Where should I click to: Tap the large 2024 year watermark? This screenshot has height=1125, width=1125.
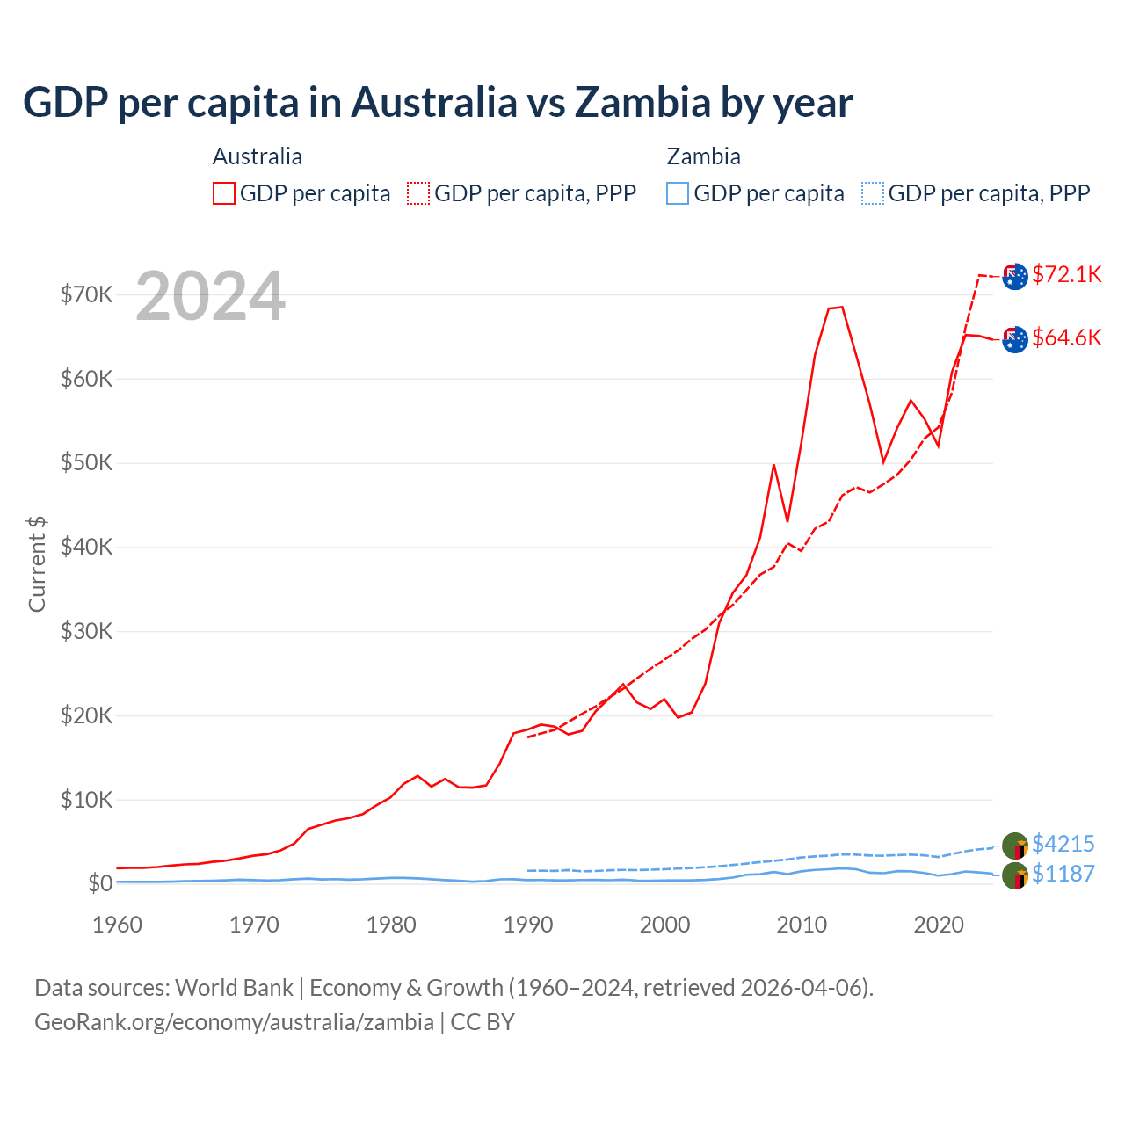click(211, 297)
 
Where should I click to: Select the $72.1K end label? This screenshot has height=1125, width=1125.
click(1067, 274)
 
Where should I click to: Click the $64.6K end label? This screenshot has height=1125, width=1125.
click(1067, 337)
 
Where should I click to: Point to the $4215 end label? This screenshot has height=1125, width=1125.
click(1063, 844)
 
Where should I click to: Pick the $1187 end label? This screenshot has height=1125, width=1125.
click(1063, 874)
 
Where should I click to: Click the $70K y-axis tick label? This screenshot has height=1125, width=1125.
click(87, 294)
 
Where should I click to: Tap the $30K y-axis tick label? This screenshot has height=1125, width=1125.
click(87, 631)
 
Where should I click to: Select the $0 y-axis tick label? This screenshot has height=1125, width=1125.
click(100, 883)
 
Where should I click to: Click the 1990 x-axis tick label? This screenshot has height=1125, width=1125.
click(528, 925)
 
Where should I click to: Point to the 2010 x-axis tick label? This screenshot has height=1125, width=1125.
click(802, 925)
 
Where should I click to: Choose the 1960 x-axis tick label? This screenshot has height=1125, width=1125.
click(118, 925)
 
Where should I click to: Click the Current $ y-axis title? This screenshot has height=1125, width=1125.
click(37, 564)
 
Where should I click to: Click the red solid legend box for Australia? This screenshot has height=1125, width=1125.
click(224, 193)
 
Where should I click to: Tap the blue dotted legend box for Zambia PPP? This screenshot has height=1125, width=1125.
click(873, 193)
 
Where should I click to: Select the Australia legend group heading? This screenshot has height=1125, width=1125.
click(258, 156)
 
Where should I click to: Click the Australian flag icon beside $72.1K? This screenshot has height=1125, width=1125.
click(1015, 276)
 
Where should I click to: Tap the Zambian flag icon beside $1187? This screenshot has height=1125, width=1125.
click(1015, 875)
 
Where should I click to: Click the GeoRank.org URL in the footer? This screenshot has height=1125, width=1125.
click(234, 1022)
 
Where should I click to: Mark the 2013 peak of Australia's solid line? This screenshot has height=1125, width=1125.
click(842, 307)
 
